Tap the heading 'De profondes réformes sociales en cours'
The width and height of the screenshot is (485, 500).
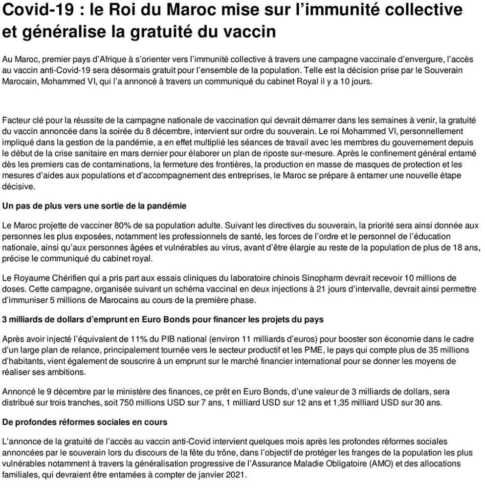[85, 421]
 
